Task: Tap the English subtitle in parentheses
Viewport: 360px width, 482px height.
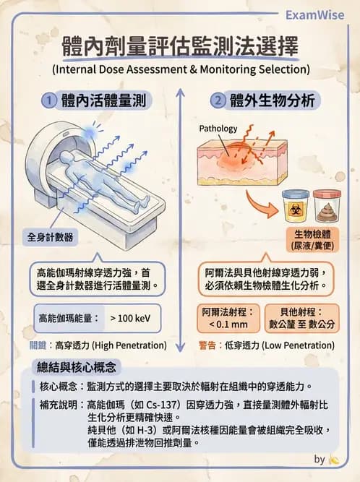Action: point(180,70)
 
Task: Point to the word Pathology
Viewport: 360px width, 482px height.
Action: point(218,129)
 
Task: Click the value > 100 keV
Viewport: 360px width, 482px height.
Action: point(130,317)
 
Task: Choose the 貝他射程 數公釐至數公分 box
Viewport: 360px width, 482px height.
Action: point(298,318)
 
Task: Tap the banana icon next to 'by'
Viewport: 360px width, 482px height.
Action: point(333,459)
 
